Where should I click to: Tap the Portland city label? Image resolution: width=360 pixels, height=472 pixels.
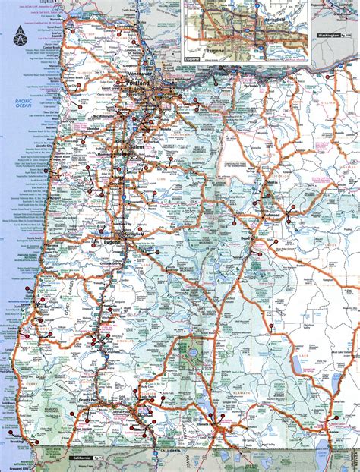(x=140, y=82)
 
